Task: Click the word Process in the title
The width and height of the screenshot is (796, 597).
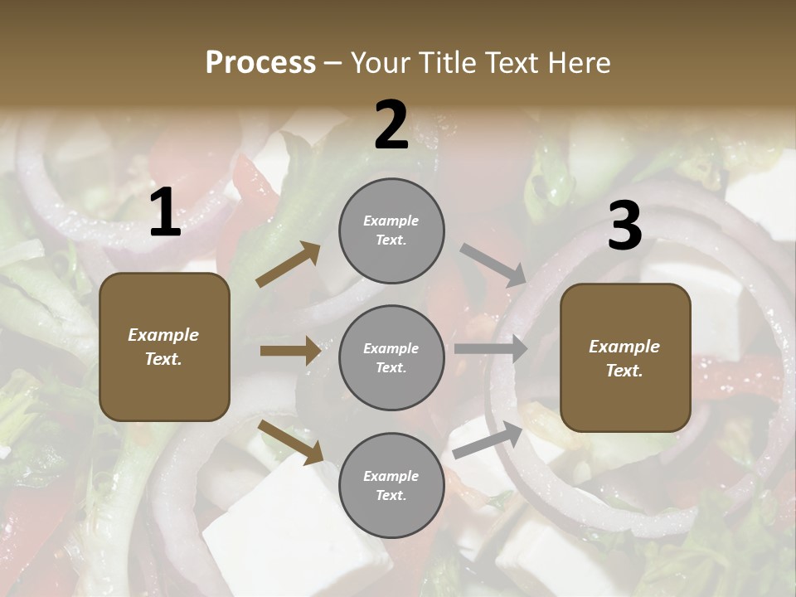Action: point(260,63)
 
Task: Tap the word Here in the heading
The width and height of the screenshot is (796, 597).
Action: point(578,63)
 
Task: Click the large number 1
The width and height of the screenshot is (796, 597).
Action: point(165,213)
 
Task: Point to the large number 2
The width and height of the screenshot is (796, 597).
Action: point(391,125)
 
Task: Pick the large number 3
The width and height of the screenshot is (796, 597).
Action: point(624,226)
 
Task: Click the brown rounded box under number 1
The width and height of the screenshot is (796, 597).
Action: point(164,347)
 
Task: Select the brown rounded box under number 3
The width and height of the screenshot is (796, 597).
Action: point(625,358)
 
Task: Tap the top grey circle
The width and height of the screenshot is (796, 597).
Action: point(391,231)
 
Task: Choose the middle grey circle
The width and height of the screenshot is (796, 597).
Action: point(391,358)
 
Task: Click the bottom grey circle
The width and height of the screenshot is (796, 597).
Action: point(391,486)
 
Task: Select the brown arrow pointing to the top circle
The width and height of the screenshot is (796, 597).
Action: point(288,265)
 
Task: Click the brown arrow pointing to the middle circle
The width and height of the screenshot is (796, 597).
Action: point(290,351)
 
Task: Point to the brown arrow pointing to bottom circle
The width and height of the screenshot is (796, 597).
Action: point(290,441)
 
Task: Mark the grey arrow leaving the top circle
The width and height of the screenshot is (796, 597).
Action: point(493,265)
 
